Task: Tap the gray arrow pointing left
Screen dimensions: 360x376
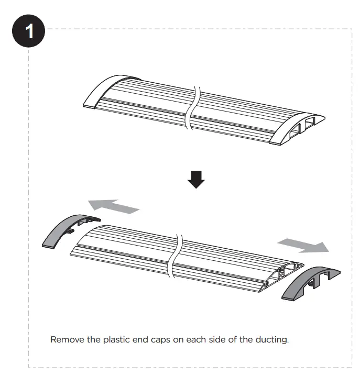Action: (113, 205)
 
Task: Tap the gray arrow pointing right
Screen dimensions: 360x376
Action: (303, 244)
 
